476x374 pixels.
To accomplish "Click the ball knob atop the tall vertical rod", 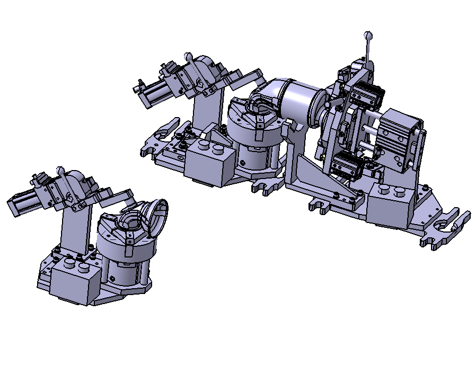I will pos(368,35).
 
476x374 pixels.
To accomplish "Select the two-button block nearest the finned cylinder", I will pos(390,204).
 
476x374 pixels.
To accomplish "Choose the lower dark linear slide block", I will pos(348,164).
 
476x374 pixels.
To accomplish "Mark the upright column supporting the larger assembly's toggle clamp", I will pos(205,111).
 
